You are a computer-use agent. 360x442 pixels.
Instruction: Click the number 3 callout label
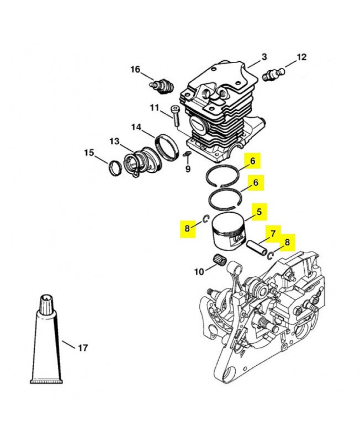pyautogui.click(x=264, y=57)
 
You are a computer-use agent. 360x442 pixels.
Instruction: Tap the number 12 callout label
pyautogui.click(x=301, y=57)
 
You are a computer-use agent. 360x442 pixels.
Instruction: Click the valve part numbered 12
pyautogui.click(x=274, y=74)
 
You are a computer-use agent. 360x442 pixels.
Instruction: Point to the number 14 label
pyautogui.click(x=136, y=127)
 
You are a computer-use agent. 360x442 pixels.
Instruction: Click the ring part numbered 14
pyautogui.click(x=167, y=146)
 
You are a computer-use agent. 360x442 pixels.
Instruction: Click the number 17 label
pyautogui.click(x=82, y=348)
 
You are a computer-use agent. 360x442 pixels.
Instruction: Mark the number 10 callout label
pyautogui.click(x=199, y=271)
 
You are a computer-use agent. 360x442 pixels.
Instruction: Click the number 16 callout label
pyautogui.click(x=136, y=69)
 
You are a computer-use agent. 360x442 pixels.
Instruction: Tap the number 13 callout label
pyautogui.click(x=114, y=141)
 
